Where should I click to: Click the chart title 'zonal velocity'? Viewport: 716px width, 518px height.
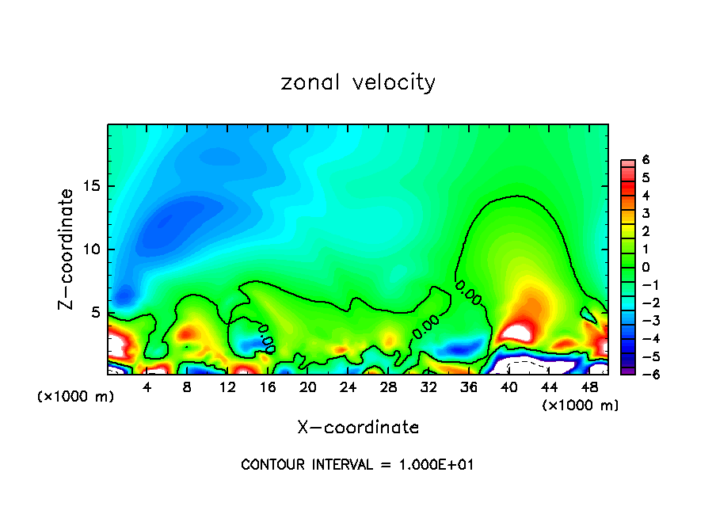pos(358,82)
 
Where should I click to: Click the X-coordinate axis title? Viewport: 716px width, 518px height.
pos(358,427)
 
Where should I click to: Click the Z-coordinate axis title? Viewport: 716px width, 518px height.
pos(67,249)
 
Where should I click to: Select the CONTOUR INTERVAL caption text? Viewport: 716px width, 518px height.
pos(357,465)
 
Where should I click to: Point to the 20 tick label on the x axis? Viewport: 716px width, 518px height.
pos(307,387)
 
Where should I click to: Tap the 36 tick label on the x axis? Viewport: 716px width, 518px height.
pos(468,387)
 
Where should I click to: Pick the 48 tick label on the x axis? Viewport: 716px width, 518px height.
pos(588,387)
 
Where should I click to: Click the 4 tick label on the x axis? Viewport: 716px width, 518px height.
pos(147,387)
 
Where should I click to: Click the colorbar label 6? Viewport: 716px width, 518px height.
pos(646,159)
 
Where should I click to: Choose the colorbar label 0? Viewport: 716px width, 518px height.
pos(646,267)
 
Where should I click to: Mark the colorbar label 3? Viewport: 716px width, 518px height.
pos(646,213)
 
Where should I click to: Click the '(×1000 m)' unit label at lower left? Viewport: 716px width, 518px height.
pos(75,397)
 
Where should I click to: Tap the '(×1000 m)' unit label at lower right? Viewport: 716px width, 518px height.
pos(581,406)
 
